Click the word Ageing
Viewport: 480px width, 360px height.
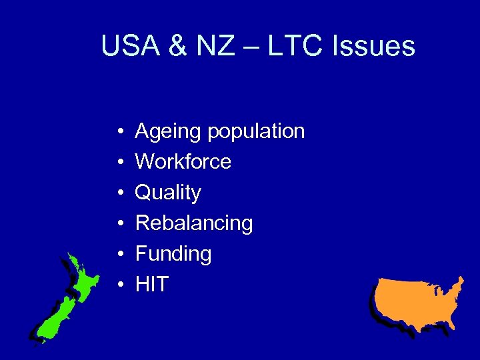[168, 132]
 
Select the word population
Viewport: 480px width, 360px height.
[256, 132]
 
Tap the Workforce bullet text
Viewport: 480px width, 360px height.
[183, 162]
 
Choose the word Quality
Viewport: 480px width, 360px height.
[168, 193]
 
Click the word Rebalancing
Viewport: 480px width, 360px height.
[194, 223]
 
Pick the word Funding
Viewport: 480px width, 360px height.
[173, 254]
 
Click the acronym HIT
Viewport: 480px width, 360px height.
[152, 285]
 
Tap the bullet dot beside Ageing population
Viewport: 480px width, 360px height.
[117, 132]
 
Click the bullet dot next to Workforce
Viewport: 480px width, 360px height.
[117, 163]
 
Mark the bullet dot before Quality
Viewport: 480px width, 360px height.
[117, 193]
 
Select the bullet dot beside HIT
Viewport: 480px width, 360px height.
[117, 285]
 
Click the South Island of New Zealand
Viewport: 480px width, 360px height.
[55, 317]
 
